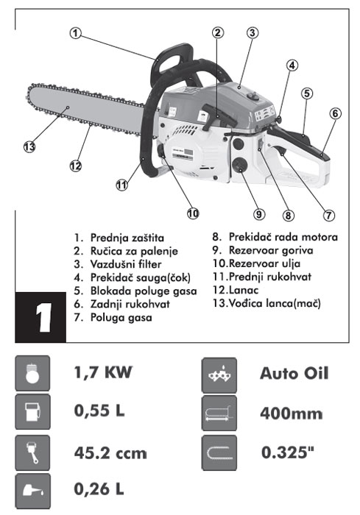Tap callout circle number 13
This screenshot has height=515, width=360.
click(x=29, y=146)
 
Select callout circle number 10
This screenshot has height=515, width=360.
click(x=193, y=213)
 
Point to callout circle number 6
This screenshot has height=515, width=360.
click(x=335, y=113)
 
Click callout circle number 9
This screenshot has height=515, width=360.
click(x=258, y=214)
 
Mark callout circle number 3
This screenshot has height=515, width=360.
click(x=252, y=32)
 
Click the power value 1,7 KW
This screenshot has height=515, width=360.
click(x=103, y=373)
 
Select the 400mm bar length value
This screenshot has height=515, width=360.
click(x=291, y=413)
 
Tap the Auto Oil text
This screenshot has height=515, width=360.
click(x=294, y=373)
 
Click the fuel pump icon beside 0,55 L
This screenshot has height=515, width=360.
click(x=32, y=412)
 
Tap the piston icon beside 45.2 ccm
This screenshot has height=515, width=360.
click(x=32, y=450)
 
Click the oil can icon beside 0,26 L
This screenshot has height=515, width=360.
click(x=32, y=489)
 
